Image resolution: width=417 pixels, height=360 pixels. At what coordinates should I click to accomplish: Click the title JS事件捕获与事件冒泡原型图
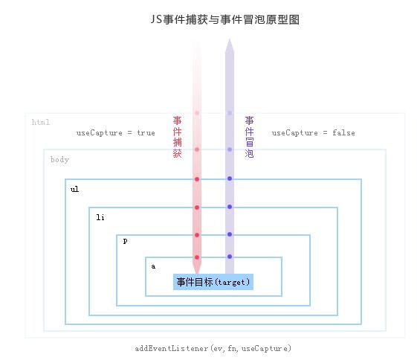tap(225, 19)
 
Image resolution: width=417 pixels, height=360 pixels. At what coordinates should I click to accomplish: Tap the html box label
tap(41, 122)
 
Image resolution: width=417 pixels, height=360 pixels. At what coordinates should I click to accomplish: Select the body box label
tap(60, 160)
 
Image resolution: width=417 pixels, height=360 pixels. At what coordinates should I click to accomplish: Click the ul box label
tap(75, 189)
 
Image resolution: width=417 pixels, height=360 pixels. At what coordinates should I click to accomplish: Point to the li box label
tap(100, 217)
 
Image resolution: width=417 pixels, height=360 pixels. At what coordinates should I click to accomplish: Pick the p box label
tap(126, 241)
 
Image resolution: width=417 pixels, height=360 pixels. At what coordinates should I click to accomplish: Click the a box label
tap(153, 266)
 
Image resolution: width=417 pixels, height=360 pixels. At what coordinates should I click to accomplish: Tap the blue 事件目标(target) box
tap(213, 282)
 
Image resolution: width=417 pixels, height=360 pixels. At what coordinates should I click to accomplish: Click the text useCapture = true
tap(116, 133)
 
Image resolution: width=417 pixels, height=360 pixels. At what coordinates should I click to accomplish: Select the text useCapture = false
tap(313, 133)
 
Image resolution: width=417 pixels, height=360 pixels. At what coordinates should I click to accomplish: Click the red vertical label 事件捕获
tap(178, 137)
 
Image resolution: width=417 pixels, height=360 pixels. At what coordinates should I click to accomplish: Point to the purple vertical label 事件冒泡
tap(249, 137)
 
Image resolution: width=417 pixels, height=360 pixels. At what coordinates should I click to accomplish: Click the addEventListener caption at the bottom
tap(213, 348)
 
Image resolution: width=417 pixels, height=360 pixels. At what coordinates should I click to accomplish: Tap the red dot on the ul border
tap(197, 179)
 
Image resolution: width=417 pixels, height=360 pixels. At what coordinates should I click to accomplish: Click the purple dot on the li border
tap(230, 207)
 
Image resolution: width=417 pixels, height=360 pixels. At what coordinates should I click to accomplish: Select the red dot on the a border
tap(197, 257)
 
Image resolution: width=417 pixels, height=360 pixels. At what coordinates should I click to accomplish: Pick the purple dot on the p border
tap(230, 234)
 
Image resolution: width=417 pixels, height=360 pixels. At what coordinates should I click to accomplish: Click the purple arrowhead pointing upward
tap(230, 46)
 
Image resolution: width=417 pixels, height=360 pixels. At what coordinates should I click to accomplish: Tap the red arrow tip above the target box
tap(197, 272)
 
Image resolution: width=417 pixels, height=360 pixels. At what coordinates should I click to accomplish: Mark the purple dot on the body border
tap(230, 150)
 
